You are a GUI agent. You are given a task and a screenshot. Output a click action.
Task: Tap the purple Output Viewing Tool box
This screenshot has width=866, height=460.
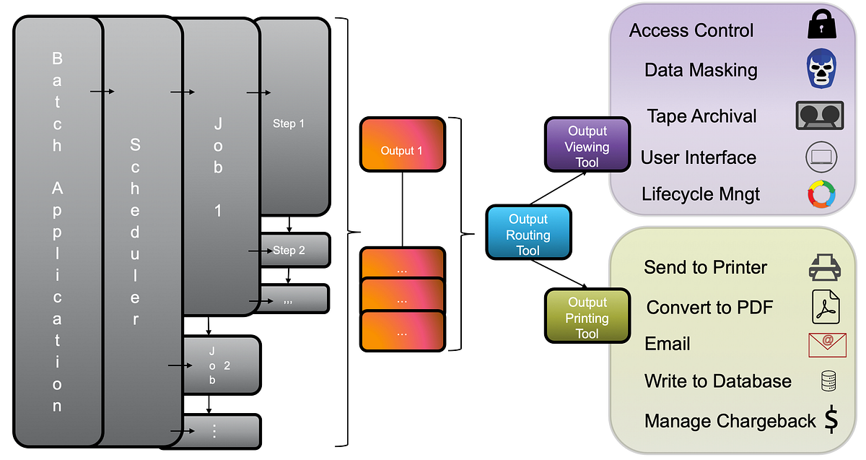(587, 145)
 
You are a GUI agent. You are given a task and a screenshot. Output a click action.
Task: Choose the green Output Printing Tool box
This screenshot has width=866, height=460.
(587, 316)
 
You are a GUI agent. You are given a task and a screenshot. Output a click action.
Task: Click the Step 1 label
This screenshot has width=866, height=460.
(289, 123)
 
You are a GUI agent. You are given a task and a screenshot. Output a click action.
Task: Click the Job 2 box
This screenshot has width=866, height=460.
(221, 365)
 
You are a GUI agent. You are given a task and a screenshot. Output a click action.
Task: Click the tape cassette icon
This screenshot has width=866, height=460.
(819, 115)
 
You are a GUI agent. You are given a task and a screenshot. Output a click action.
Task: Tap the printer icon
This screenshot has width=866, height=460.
(824, 267)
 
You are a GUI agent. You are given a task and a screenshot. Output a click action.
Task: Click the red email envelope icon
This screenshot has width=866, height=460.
(827, 344)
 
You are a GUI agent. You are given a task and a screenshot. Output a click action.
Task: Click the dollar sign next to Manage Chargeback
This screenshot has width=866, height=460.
(831, 420)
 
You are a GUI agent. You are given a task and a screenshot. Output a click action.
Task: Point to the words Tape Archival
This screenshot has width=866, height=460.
(701, 116)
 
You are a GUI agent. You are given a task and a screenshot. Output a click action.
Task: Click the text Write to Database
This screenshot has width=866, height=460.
(717, 381)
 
